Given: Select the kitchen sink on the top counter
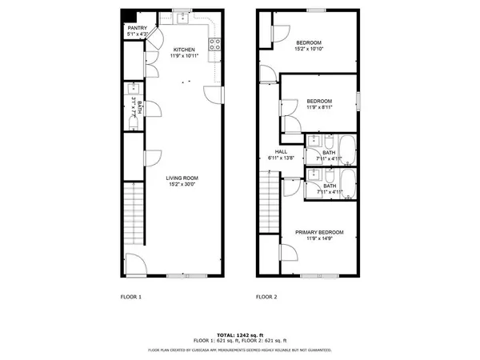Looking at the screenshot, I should click(x=182, y=15).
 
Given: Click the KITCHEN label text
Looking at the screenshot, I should click(x=185, y=50).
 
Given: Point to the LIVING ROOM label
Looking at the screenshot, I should click(x=182, y=178).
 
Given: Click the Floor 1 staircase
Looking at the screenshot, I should click(x=134, y=214).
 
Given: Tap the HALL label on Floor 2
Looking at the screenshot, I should click(x=282, y=151).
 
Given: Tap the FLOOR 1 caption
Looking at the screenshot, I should click(x=130, y=297).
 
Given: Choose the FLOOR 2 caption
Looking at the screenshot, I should click(x=266, y=297).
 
